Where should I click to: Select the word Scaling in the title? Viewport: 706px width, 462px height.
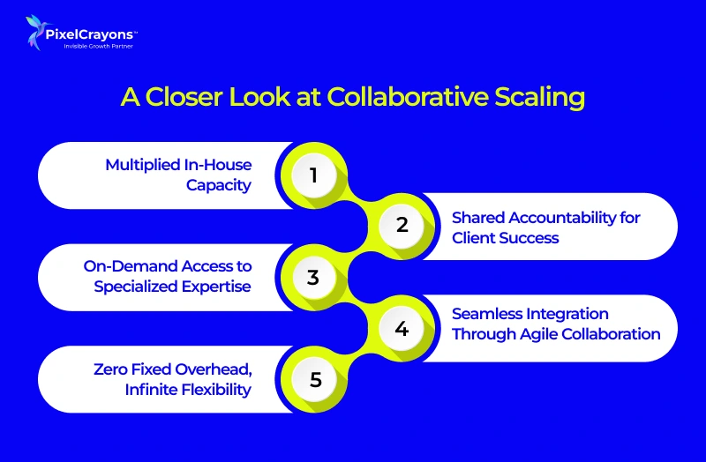545,98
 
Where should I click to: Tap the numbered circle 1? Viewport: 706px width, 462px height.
312,175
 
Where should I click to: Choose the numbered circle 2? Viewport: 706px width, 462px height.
402,225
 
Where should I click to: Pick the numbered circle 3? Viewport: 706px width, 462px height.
312,278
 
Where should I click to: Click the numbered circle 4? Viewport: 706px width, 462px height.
402,329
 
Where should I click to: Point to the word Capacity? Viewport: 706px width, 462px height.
219,185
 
